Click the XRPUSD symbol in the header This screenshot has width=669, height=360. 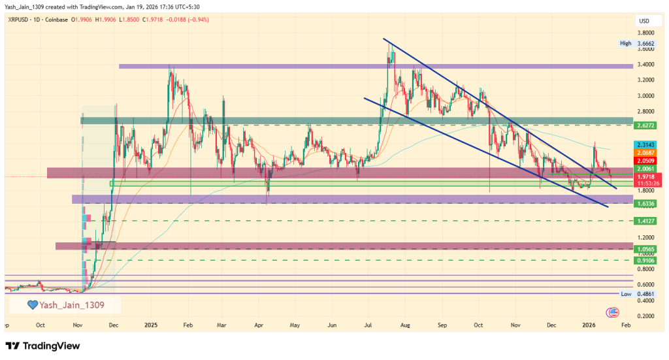(x=21, y=20)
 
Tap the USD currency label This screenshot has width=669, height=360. (x=644, y=21)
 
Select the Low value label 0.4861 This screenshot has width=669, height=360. (x=644, y=294)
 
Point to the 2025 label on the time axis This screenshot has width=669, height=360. (x=152, y=324)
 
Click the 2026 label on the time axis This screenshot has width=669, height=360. (x=589, y=324)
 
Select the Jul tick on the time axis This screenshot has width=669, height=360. (x=368, y=324)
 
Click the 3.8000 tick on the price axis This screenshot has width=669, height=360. (x=646, y=33)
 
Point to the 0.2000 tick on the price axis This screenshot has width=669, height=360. (x=646, y=316)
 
